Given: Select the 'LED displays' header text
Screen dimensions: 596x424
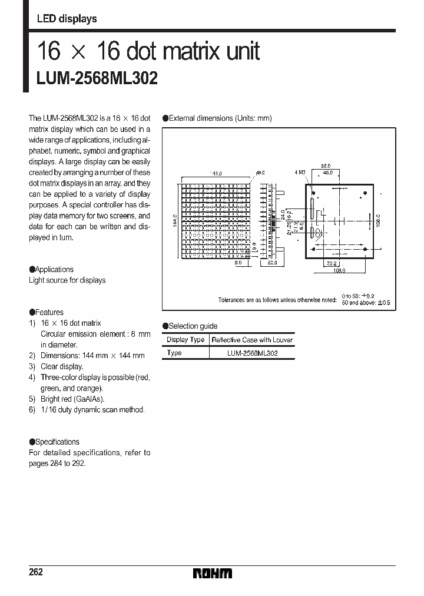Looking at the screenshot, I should (x=67, y=19).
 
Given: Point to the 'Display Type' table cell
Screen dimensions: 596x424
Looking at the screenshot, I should (x=185, y=340).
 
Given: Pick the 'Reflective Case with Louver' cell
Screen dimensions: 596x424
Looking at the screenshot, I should (x=252, y=340).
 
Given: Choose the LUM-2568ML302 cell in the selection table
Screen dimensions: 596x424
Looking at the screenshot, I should (x=252, y=353).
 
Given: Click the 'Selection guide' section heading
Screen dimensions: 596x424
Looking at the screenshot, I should (x=193, y=326).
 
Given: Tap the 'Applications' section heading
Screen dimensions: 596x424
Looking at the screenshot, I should (x=54, y=269).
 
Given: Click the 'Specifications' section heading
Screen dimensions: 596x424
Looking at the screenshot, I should (x=57, y=442).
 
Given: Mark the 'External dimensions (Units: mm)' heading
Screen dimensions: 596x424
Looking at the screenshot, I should (x=220, y=118).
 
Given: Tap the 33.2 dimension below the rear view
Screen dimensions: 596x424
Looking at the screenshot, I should (x=331, y=264).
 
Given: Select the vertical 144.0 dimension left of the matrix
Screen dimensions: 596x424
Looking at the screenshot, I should (x=174, y=220).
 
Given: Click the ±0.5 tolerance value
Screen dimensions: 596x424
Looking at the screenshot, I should (x=383, y=303).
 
